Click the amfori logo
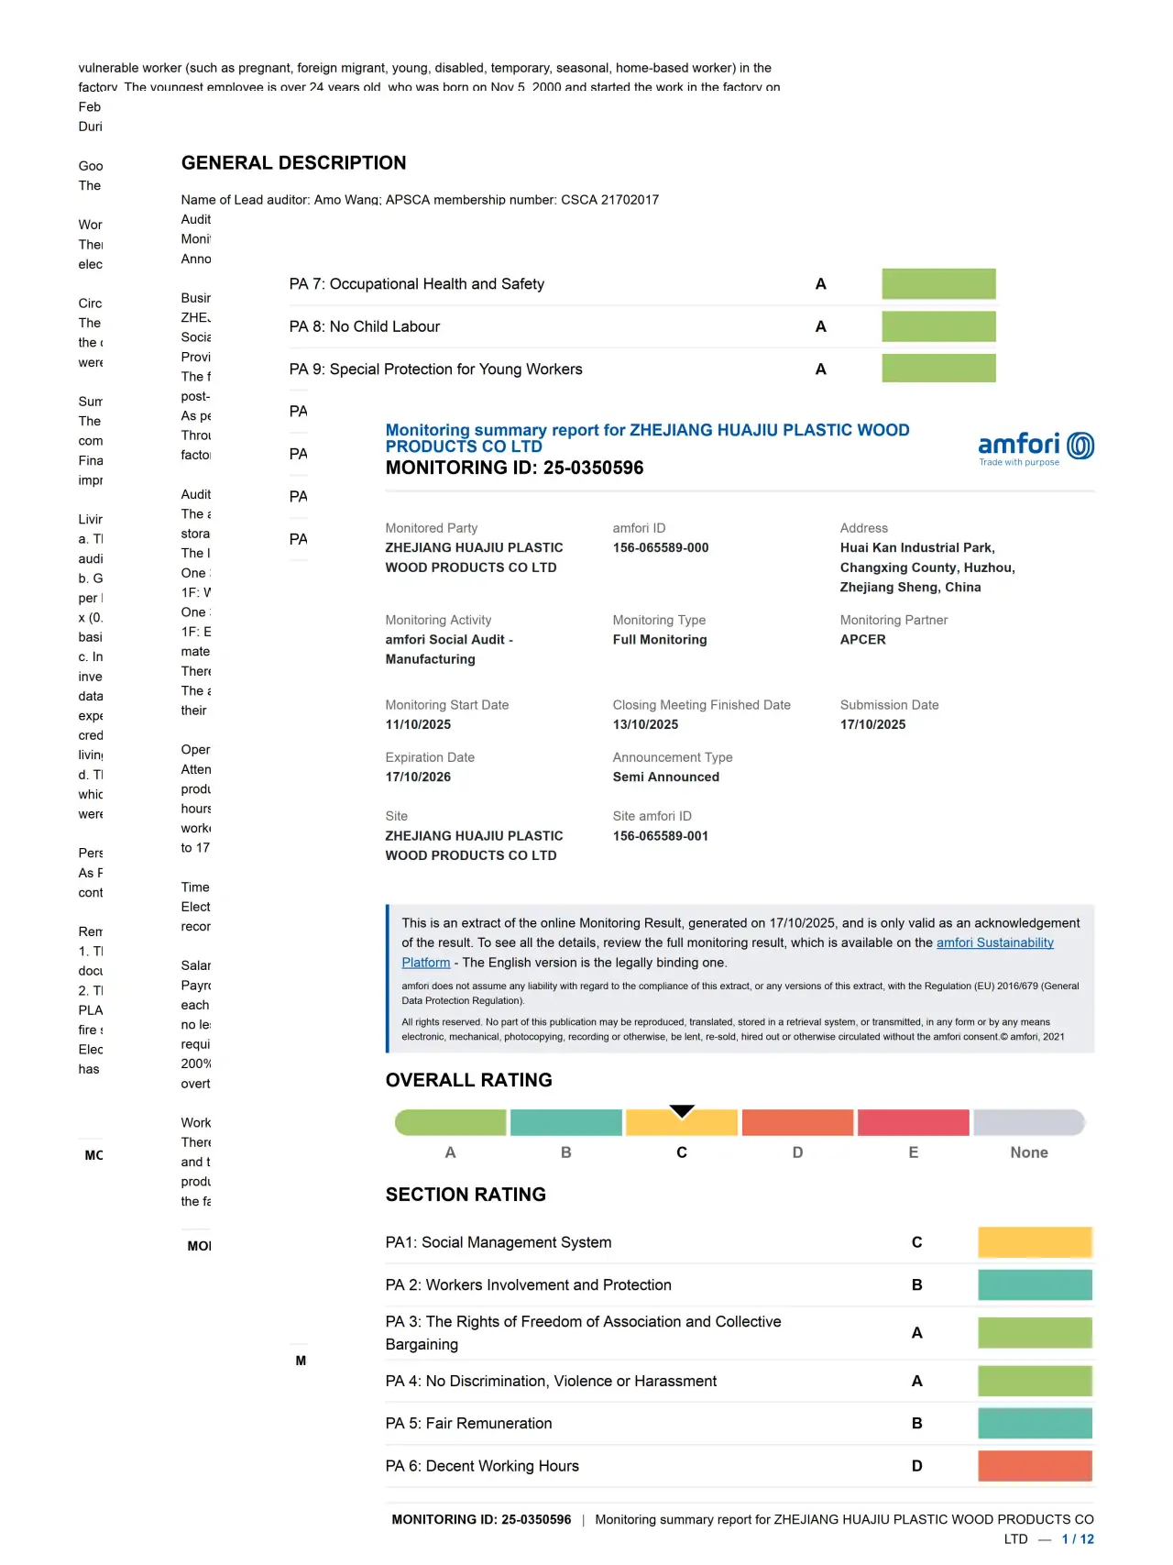click(x=1036, y=447)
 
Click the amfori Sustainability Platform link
click(x=994, y=942)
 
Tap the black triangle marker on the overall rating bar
click(x=682, y=1111)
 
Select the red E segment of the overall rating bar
click(x=913, y=1122)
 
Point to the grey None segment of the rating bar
click(x=1028, y=1122)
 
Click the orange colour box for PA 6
click(x=1035, y=1466)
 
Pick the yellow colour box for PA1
click(x=1035, y=1242)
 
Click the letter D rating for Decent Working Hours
click(x=916, y=1466)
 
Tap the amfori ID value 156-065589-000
click(x=661, y=548)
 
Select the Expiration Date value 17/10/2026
click(x=418, y=777)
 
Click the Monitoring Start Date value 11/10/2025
click(x=418, y=725)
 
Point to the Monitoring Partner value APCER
click(x=862, y=640)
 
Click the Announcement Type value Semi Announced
click(x=665, y=777)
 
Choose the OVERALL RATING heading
click(x=468, y=1080)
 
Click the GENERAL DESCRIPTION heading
click(x=293, y=163)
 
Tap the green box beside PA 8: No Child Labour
click(x=938, y=326)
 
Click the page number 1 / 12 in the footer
click(x=1078, y=1539)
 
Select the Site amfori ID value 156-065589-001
click(x=661, y=836)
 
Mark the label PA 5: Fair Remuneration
click(x=468, y=1424)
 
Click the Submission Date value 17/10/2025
click(x=872, y=725)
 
